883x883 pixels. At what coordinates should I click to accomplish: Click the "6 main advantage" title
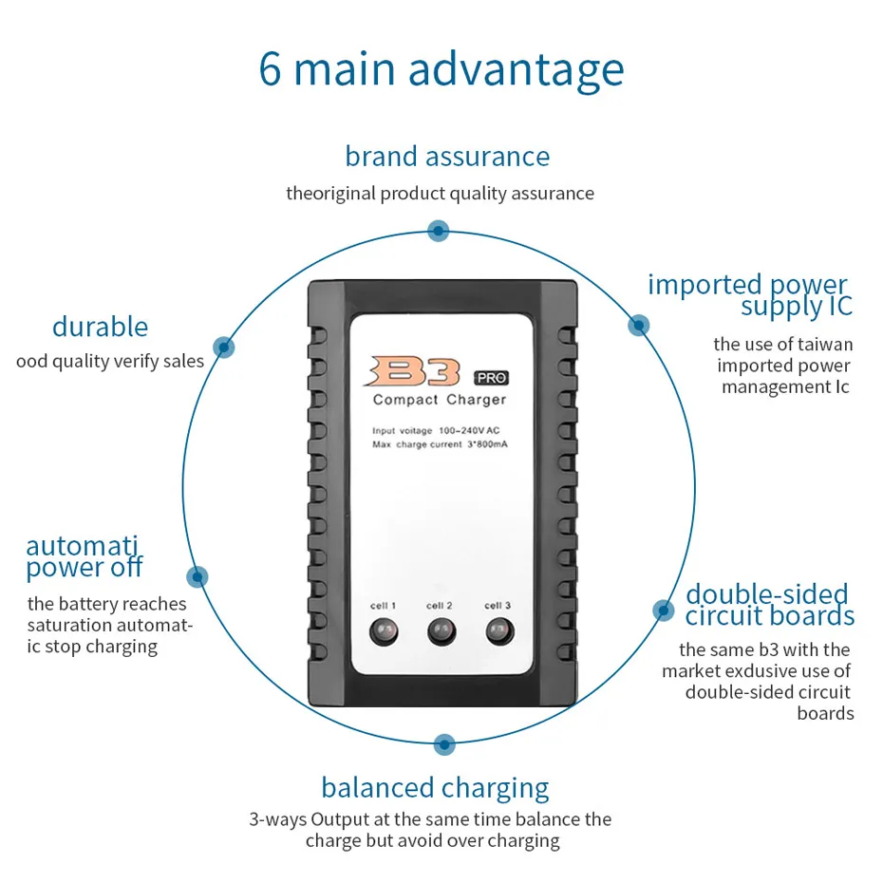click(x=441, y=69)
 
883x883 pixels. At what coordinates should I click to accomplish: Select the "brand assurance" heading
click(x=447, y=156)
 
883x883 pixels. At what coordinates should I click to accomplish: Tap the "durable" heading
click(x=100, y=327)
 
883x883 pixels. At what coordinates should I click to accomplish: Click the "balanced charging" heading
click(x=435, y=788)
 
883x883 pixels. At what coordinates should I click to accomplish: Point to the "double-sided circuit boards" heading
click(x=769, y=606)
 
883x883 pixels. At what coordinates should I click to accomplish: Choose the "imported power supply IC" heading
click(x=749, y=295)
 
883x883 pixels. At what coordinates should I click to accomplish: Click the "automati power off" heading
click(x=84, y=557)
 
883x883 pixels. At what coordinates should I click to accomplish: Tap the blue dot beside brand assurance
click(x=438, y=230)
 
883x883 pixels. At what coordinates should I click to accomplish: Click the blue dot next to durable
click(x=223, y=348)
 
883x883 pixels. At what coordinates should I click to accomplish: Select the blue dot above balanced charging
click(x=442, y=744)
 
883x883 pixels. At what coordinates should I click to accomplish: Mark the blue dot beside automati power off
click(x=197, y=575)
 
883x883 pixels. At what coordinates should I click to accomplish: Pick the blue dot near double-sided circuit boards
click(x=662, y=610)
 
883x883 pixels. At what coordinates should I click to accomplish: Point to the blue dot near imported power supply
click(x=639, y=325)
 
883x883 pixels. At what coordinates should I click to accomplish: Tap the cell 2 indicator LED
click(x=440, y=630)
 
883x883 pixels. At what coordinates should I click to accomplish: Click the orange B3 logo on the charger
click(x=416, y=370)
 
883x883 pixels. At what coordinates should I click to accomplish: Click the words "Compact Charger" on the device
click(x=440, y=400)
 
